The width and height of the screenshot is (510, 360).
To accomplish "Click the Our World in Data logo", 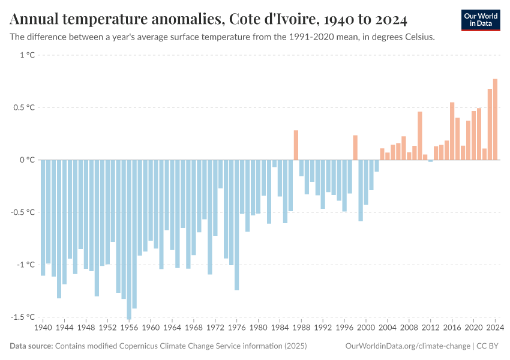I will pyautogui.click(x=480, y=20).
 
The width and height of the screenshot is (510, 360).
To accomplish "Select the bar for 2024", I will pyautogui.click(x=495, y=119).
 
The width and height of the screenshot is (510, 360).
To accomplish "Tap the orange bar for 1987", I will pyautogui.click(x=296, y=145).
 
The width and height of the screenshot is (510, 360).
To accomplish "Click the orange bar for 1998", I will pyautogui.click(x=355, y=148).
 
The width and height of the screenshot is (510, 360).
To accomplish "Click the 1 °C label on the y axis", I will pyautogui.click(x=27, y=55).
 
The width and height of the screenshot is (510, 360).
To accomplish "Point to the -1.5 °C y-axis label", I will pyautogui.click(x=23, y=317).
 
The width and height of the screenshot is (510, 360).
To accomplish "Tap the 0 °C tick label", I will pyautogui.click(x=27, y=160).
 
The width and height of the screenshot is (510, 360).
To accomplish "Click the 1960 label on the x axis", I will pyautogui.click(x=151, y=328).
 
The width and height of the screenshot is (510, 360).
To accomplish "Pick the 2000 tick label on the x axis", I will pyautogui.click(x=365, y=328).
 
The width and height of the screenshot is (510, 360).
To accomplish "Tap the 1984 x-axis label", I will pyautogui.click(x=280, y=328).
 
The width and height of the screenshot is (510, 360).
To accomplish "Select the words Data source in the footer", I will pyautogui.click(x=31, y=346).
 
